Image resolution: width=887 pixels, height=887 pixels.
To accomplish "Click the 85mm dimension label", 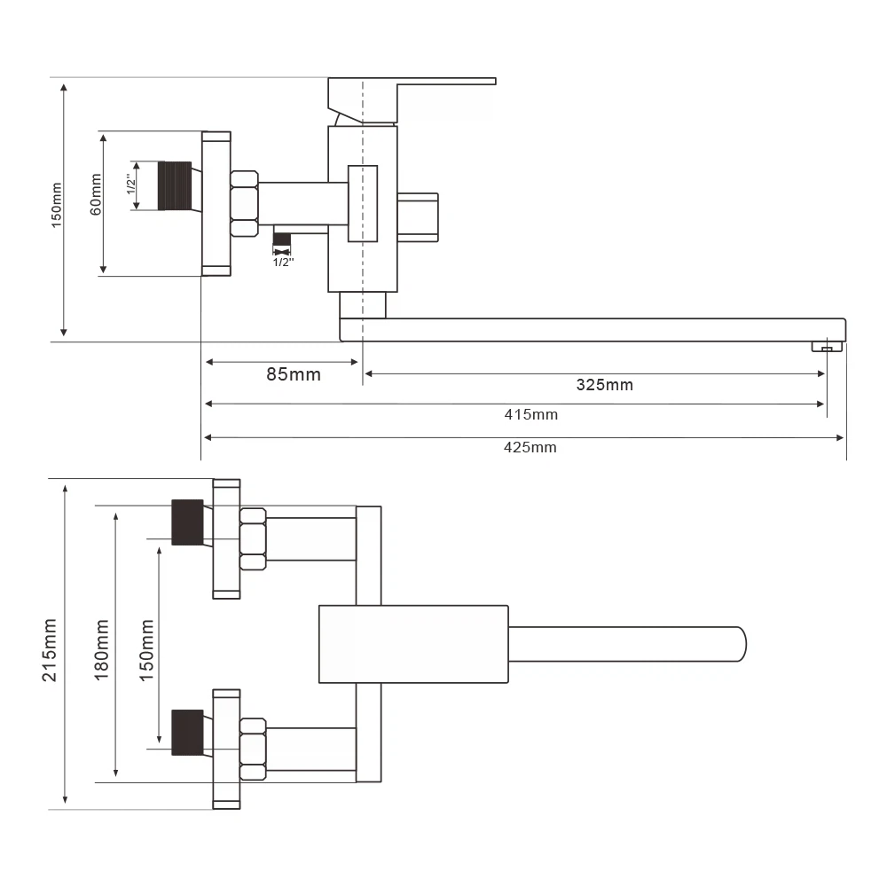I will pyautogui.click(x=294, y=374).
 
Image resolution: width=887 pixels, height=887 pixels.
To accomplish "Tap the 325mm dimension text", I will pyautogui.click(x=605, y=385).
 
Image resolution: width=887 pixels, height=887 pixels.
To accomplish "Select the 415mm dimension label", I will pyautogui.click(x=531, y=414).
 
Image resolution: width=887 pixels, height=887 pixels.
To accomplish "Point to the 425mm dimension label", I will pyautogui.click(x=530, y=447).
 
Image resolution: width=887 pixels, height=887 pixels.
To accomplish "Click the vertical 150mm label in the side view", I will pyautogui.click(x=57, y=206).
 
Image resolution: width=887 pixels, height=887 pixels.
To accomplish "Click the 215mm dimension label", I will pyautogui.click(x=50, y=649).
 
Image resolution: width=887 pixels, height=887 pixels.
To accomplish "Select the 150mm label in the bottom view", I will pyautogui.click(x=146, y=649).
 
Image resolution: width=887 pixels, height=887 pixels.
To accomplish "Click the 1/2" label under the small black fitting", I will pyautogui.click(x=282, y=263).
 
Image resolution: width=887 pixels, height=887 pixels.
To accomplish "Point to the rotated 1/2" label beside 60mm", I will pyautogui.click(x=130, y=185).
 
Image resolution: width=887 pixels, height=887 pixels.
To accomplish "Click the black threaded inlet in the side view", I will pyautogui.click(x=175, y=186).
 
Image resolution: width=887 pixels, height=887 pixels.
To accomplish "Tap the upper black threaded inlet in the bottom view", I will pyautogui.click(x=187, y=522).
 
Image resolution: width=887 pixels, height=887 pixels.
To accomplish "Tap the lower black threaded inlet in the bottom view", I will pyautogui.click(x=187, y=731).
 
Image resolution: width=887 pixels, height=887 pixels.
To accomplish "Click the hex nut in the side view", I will pyautogui.click(x=244, y=203).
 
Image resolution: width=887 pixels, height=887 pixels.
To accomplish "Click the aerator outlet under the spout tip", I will pyautogui.click(x=826, y=347).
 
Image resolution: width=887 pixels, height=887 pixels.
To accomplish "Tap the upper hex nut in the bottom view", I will pyautogui.click(x=253, y=538).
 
